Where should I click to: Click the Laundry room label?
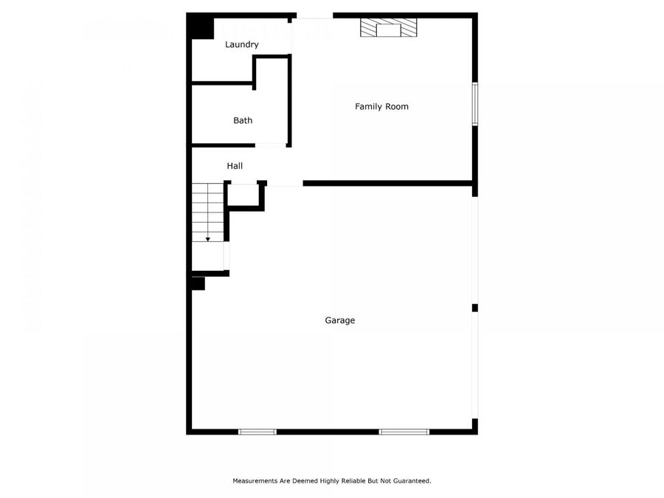(x=242, y=45)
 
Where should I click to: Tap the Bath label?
(x=243, y=120)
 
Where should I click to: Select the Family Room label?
(x=381, y=107)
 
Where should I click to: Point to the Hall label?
(x=235, y=167)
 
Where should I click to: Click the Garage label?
(x=340, y=321)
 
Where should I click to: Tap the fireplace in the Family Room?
(x=388, y=29)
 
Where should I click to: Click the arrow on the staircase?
(x=208, y=238)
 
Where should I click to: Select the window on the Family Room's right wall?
(x=475, y=104)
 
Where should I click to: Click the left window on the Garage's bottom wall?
(x=257, y=431)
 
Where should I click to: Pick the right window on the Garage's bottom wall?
(x=404, y=431)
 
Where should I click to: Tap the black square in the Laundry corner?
(x=200, y=27)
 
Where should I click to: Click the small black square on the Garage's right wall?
(x=475, y=308)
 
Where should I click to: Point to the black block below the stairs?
(x=198, y=283)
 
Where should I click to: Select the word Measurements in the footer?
(x=256, y=481)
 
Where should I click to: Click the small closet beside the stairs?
(x=243, y=195)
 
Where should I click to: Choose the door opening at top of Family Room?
(x=314, y=16)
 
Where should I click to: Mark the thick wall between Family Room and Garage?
(x=387, y=183)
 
